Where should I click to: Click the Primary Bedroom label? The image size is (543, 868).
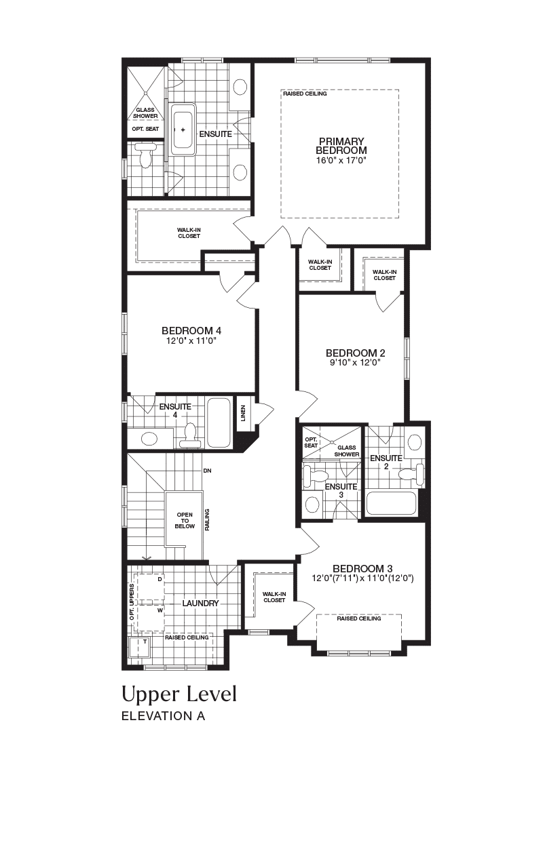pos(341,146)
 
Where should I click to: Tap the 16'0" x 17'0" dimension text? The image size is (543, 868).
pos(341,160)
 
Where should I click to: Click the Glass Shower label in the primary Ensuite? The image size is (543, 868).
pos(145,113)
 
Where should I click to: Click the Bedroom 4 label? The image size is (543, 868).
pos(191,330)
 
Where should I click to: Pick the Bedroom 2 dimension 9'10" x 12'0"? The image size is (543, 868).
pos(355,362)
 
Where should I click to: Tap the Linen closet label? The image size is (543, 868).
pos(243,413)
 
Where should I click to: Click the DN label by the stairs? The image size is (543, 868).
pos(207,471)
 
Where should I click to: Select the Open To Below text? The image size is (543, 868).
pos(185,520)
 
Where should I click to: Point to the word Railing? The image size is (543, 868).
pos(207,519)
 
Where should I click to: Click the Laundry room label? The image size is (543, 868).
pos(200,604)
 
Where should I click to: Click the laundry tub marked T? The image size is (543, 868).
pos(138,647)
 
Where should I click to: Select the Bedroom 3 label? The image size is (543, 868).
pos(362,568)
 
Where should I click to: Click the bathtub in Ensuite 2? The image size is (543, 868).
pos(391,503)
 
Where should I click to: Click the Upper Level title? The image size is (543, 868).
pos(179,695)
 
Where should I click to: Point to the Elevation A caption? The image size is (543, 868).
pos(164,716)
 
